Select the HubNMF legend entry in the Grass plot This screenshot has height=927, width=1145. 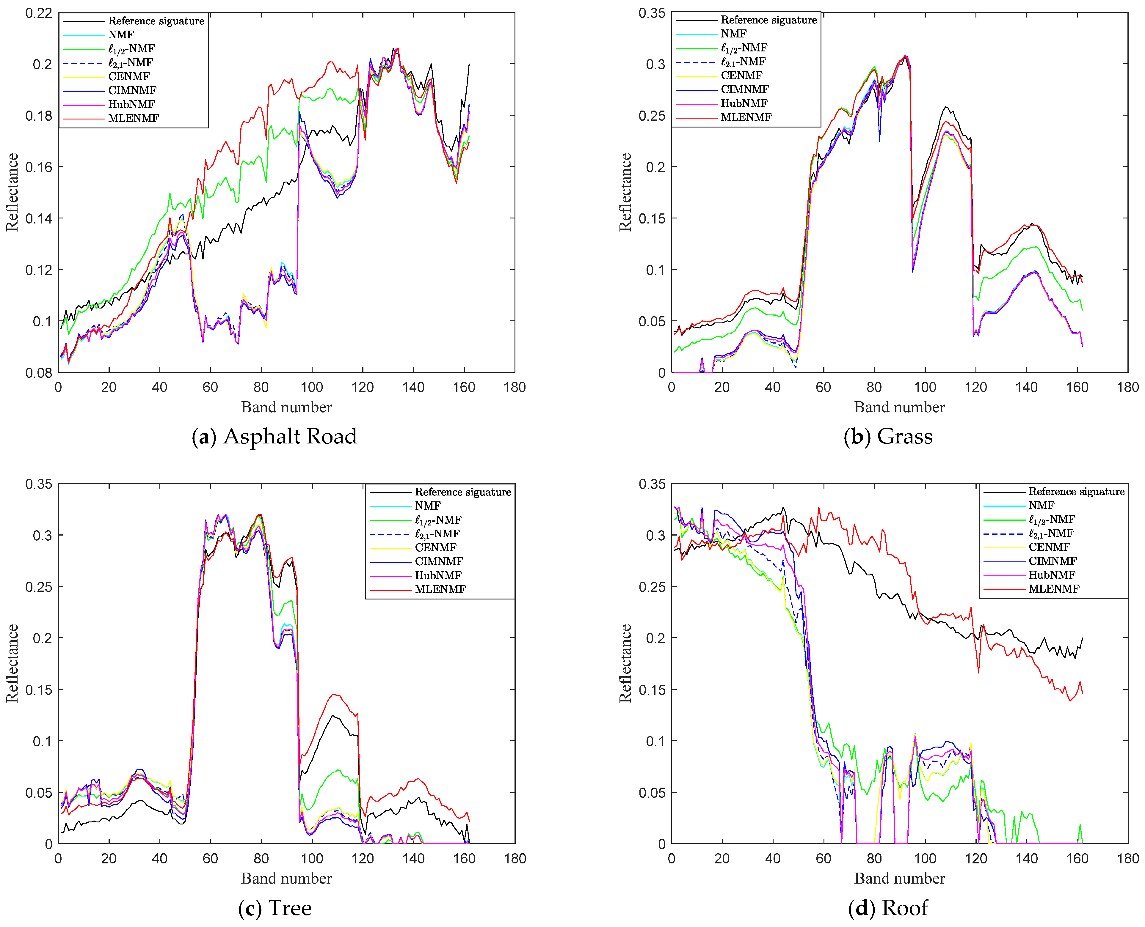click(x=744, y=103)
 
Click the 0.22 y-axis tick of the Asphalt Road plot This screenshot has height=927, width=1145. click(x=39, y=13)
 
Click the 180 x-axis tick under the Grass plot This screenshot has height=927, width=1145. click(x=1127, y=388)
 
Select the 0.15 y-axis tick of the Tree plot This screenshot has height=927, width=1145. click(x=39, y=689)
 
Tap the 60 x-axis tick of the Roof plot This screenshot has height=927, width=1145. click(x=823, y=859)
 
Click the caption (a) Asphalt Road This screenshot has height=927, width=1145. click(x=274, y=436)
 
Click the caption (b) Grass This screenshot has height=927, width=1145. click(x=888, y=436)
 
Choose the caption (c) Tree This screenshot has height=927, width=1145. click(x=275, y=908)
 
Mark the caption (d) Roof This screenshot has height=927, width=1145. click(x=888, y=908)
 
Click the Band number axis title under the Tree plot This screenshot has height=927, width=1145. click(x=286, y=879)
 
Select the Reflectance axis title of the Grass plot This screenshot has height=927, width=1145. click(x=625, y=192)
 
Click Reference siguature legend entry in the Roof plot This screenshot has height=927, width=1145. click(x=1076, y=491)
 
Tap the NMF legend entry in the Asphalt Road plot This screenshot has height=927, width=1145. click(x=121, y=35)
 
